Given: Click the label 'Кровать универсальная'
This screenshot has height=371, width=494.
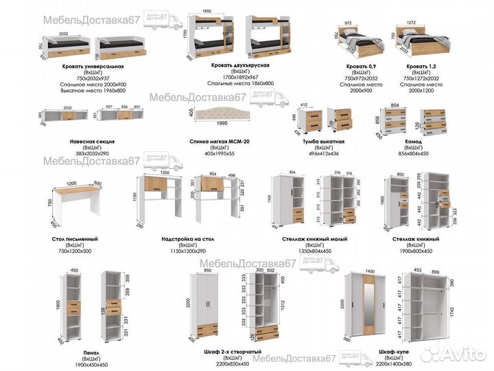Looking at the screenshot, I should point(91,66).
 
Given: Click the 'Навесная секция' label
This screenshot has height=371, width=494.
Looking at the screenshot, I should point(92,142).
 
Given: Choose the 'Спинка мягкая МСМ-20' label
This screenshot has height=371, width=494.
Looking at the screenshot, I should point(219,142).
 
